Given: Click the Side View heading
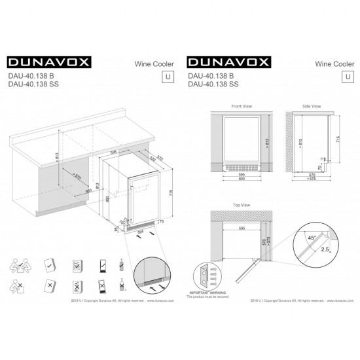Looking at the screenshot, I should [x=312, y=105].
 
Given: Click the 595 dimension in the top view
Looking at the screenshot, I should [x=242, y=229].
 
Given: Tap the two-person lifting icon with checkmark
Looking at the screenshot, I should [x=18, y=266].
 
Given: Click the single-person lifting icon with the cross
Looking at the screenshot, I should [x=18, y=286].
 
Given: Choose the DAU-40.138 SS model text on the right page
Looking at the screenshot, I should [x=213, y=84].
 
